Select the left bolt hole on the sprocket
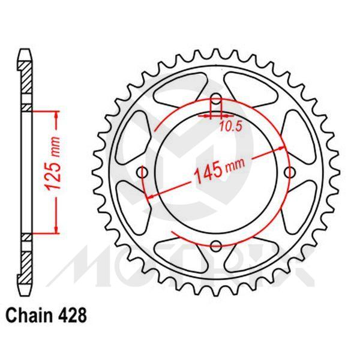pyautogui.click(x=143, y=173)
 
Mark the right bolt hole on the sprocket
pyautogui.click(x=290, y=173)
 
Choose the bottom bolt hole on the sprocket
pyautogui.click(x=217, y=246)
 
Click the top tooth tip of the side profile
pyautogui.click(x=25, y=50)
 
